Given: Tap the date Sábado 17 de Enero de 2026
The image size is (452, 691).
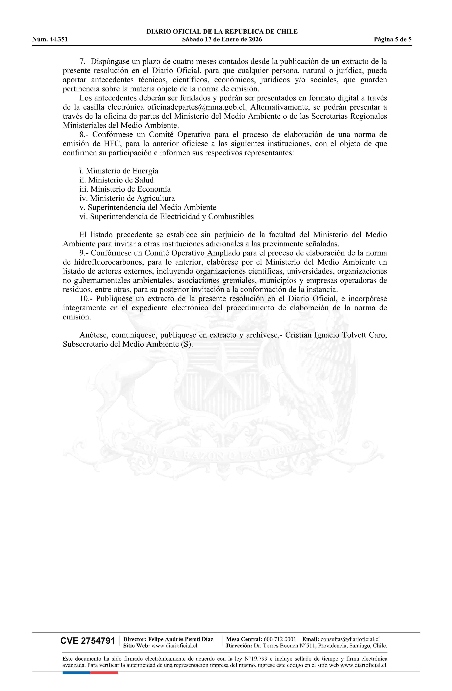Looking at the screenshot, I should click(222, 40).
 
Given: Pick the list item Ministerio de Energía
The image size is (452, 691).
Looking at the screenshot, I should click(119, 171).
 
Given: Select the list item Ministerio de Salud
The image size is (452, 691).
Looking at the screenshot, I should click(116, 180).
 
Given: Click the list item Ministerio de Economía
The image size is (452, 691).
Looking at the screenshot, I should click(125, 189).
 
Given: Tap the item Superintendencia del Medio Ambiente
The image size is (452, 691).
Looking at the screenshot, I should click(148, 208).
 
